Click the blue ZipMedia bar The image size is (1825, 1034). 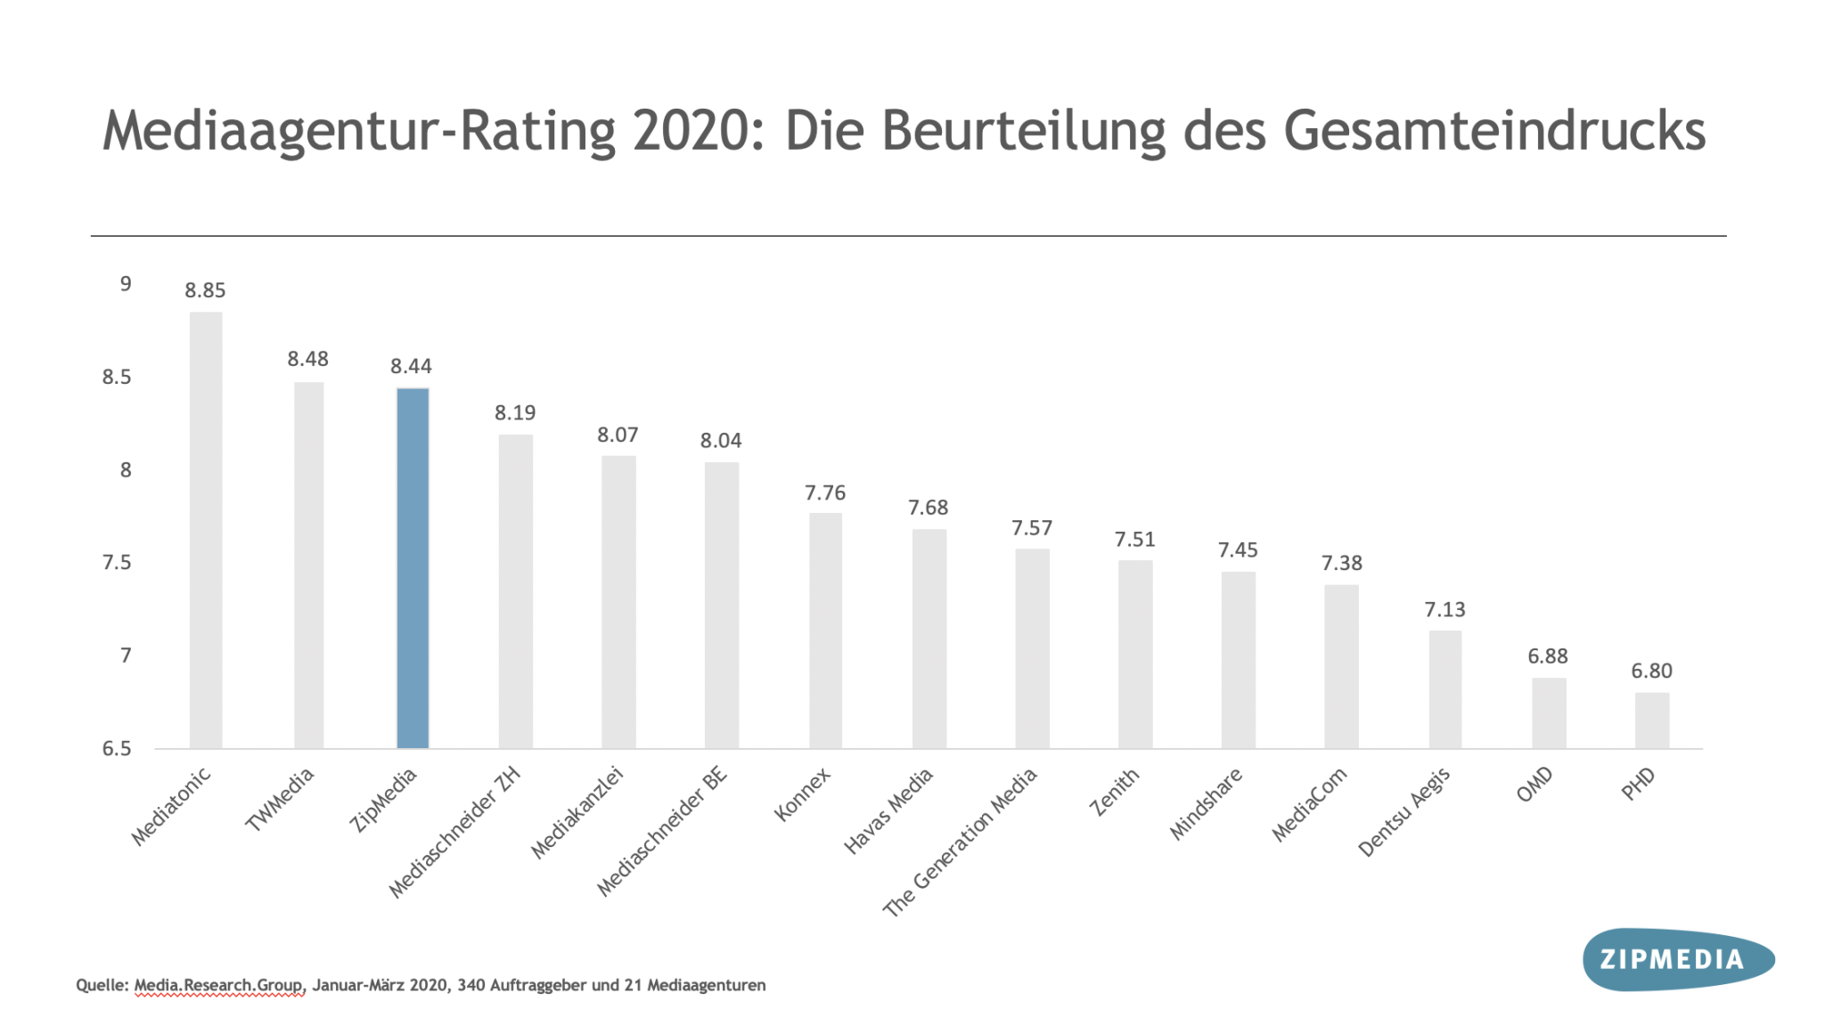click(413, 568)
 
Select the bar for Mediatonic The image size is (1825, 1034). click(206, 530)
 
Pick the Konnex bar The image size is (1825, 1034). click(825, 631)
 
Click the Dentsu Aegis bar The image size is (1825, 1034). click(1444, 689)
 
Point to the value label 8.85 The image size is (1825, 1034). click(205, 290)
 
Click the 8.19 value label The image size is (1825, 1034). click(515, 412)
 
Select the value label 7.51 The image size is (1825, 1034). click(1134, 540)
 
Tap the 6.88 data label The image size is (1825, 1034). click(1547, 656)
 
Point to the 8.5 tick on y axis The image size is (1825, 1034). click(117, 377)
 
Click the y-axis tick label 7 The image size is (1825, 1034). click(126, 655)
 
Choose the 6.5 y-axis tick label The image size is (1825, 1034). click(117, 748)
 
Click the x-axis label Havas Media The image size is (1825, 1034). click(888, 810)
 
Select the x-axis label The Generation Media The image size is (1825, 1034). click(961, 842)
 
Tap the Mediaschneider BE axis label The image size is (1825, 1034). click(662, 831)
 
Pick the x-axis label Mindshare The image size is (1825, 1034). click(1206, 803)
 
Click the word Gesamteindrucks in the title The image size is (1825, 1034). click(1494, 132)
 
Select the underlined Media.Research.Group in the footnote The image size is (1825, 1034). click(219, 985)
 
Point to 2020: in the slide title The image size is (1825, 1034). click(699, 132)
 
